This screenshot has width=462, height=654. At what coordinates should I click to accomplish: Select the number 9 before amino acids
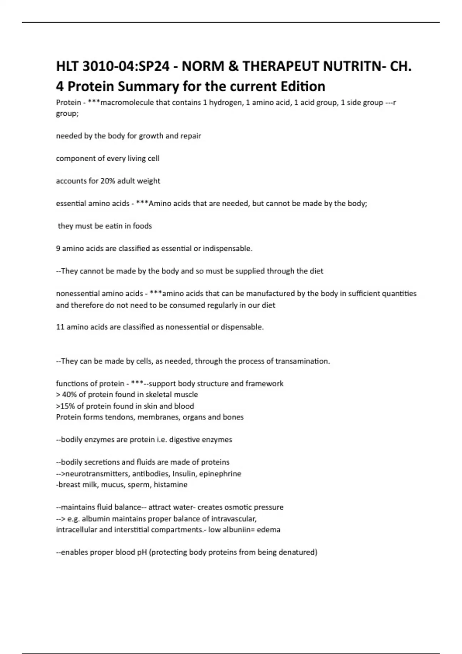(x=58, y=249)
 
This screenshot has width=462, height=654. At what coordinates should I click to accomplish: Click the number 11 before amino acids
(x=60, y=327)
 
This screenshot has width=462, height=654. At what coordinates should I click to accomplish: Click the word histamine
(x=171, y=485)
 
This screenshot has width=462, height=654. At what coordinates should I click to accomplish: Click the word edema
(x=269, y=530)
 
